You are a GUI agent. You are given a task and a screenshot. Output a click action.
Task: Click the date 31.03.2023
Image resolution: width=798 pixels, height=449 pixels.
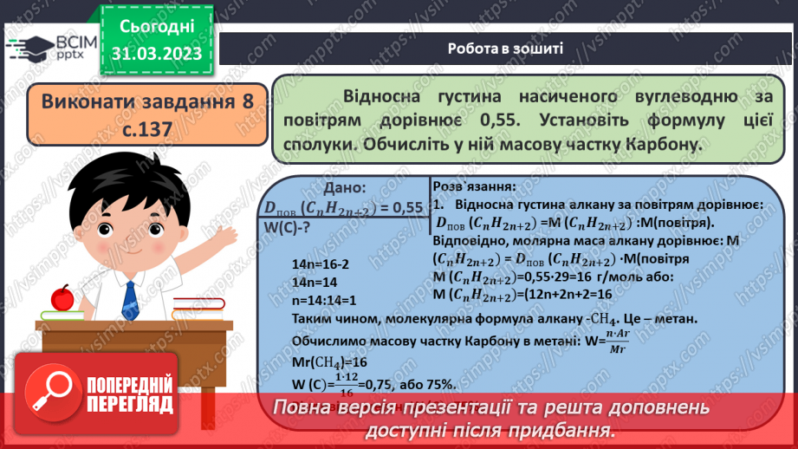click(x=157, y=53)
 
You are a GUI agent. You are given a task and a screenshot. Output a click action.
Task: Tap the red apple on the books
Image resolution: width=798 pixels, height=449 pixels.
click(x=62, y=297)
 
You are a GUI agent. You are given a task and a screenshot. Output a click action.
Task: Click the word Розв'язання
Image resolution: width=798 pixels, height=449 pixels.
click(x=472, y=185)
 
